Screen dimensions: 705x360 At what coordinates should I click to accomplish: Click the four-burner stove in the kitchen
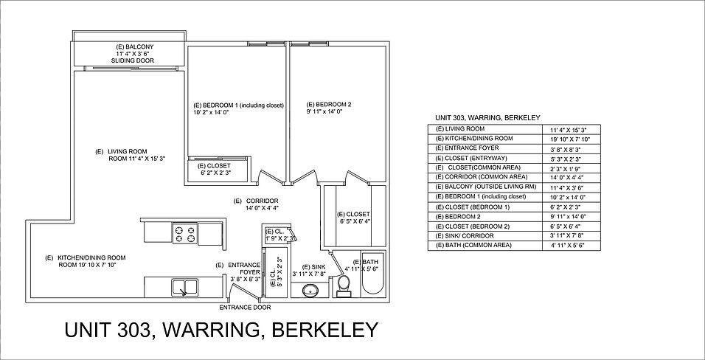185,234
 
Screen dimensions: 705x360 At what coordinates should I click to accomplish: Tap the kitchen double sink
184,288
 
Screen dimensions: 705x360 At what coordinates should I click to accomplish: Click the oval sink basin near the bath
310,290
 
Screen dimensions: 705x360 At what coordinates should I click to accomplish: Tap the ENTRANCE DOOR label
245,308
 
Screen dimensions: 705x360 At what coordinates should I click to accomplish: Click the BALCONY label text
135,46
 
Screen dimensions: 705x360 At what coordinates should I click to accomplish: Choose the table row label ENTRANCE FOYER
467,148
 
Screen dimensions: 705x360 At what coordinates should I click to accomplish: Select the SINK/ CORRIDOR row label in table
465,236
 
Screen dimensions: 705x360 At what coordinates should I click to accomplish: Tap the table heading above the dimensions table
488,118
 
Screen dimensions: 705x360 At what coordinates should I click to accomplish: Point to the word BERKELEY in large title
325,330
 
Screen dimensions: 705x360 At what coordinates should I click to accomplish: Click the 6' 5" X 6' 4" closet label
355,218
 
